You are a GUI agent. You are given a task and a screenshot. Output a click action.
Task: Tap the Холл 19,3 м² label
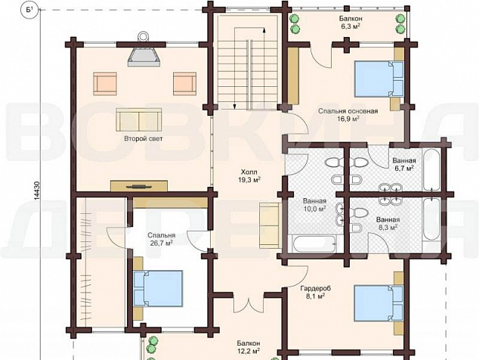coord(249,176)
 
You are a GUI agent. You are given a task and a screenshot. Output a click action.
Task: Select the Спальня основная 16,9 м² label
coord(348,115)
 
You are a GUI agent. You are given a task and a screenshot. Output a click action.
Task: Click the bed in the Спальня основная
coord(379,79)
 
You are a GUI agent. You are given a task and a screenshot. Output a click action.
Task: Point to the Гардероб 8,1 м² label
coord(316,292)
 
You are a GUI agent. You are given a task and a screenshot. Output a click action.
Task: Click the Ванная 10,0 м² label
coord(314,205)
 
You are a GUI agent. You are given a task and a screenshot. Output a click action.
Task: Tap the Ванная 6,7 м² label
coord(404,164)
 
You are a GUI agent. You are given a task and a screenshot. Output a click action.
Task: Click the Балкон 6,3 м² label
coord(350,22)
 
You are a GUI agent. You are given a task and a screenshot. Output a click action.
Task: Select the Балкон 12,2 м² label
coord(249,347)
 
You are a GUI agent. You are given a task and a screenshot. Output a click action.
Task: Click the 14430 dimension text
coord(37,191)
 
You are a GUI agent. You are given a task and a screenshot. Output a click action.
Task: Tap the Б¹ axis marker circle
coord(29,11)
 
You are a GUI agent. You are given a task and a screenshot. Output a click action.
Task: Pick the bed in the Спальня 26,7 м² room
coord(158,288)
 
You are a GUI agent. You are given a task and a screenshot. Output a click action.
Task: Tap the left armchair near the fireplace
coord(105,84)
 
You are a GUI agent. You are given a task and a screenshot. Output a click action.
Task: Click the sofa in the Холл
coord(270,225)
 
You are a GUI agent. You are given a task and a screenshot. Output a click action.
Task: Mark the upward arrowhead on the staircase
coord(264,30)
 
